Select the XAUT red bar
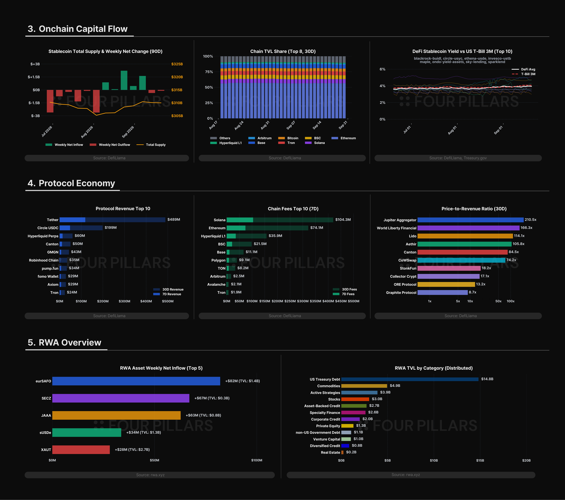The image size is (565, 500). click(x=81, y=450)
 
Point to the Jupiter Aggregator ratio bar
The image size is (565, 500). click(x=471, y=220)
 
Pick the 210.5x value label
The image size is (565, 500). click(x=530, y=219)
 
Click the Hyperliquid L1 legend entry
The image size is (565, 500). click(x=226, y=143)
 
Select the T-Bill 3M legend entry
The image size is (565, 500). click(x=524, y=74)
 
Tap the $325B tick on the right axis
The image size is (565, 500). click(x=177, y=64)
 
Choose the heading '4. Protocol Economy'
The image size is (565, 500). click(x=71, y=183)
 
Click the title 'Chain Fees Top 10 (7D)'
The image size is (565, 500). click(x=293, y=209)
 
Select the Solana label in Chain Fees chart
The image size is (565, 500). click(x=219, y=220)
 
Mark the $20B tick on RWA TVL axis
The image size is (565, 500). click(x=526, y=460)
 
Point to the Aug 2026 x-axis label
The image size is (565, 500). click(x=87, y=132)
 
